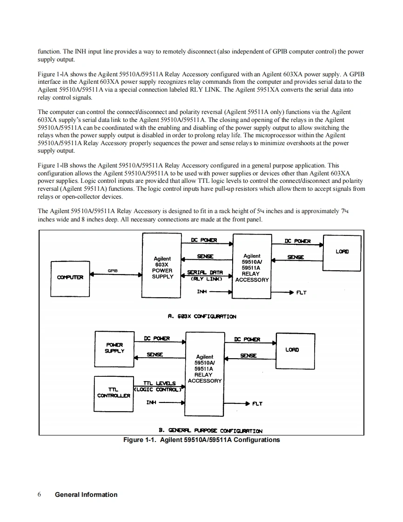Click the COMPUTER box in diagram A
pyautogui.click(x=70, y=278)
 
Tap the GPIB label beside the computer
pyautogui.click(x=112, y=270)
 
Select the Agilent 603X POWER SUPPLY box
pyautogui.click(x=162, y=266)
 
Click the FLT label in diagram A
pyautogui.click(x=301, y=293)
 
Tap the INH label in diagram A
pyautogui.click(x=201, y=292)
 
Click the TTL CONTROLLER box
pyautogui.click(x=113, y=392)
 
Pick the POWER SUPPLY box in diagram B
pyautogui.click(x=113, y=347)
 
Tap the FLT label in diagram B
pyautogui.click(x=257, y=403)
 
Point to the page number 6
pyautogui.click(x=40, y=495)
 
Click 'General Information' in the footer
pyautogui.click(x=86, y=495)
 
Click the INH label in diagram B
pyautogui.click(x=151, y=403)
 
